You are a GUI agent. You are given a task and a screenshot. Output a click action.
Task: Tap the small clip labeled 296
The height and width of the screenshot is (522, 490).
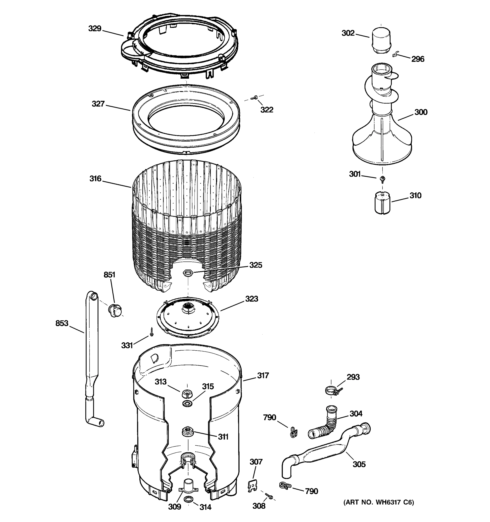pos(394,55)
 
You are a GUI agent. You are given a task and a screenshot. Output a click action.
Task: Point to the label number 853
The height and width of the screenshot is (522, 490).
pos(62,323)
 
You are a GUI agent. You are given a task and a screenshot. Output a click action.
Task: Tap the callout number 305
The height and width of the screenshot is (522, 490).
pos(359,464)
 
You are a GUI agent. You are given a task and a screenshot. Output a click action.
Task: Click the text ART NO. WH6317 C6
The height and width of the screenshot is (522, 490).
pos(378,502)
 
